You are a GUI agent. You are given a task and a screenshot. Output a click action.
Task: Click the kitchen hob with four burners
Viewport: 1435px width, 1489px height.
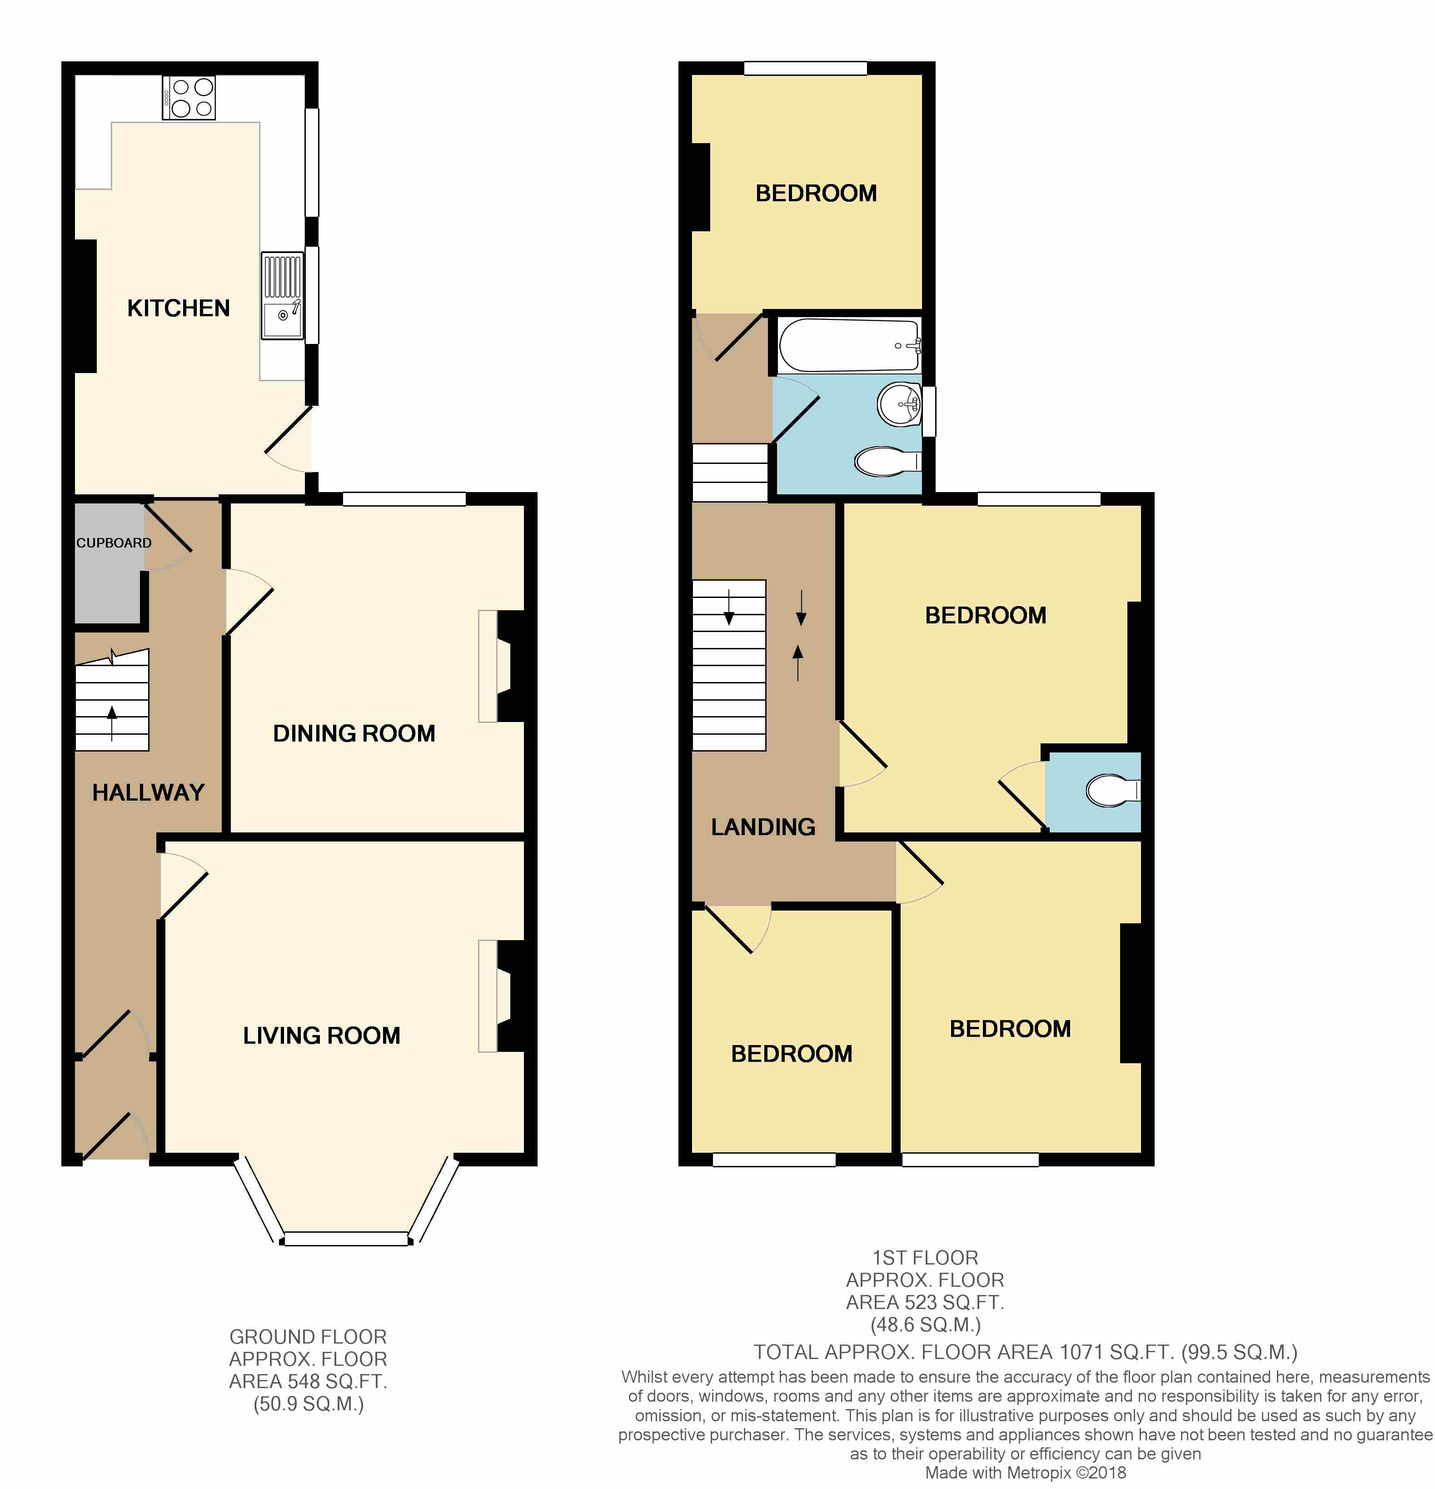click(x=189, y=98)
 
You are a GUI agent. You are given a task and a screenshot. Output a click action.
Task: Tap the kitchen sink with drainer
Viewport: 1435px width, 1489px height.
click(x=283, y=295)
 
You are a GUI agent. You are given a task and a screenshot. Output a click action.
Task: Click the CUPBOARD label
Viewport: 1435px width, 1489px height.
click(x=114, y=543)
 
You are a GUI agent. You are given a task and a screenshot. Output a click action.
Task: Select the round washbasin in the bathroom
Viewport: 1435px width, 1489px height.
click(x=900, y=404)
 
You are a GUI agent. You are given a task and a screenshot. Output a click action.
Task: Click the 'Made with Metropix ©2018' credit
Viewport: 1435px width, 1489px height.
click(x=1026, y=1473)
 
